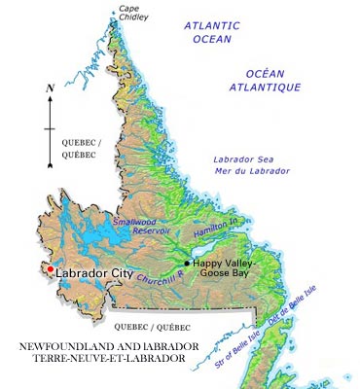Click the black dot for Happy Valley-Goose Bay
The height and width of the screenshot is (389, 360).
pyautogui.click(x=187, y=263)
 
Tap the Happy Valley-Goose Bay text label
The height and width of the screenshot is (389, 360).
pyautogui.click(x=226, y=268)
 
